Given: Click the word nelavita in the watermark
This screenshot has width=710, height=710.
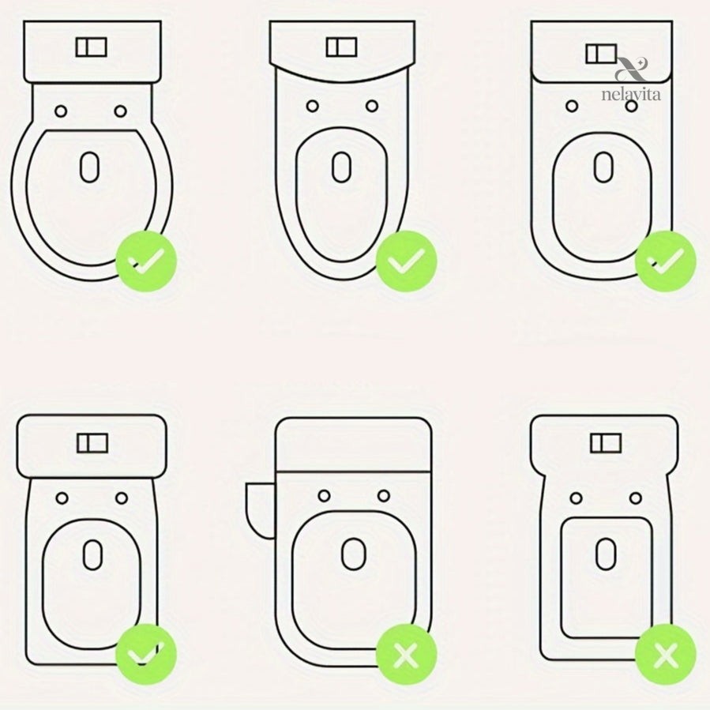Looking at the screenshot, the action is (x=631, y=94).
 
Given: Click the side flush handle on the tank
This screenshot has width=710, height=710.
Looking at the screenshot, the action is (x=260, y=510).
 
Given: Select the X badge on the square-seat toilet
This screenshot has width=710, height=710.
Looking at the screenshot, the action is (x=665, y=654).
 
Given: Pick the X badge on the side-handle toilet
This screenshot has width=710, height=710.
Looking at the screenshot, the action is (x=406, y=654).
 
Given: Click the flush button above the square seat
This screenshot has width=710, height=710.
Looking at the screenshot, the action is (x=606, y=443).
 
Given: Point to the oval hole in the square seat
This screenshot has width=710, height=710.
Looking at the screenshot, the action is (x=606, y=554).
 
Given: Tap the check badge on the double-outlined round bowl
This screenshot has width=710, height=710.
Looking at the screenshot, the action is (x=146, y=261).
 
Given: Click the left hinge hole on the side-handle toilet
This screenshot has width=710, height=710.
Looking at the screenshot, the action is (x=325, y=496).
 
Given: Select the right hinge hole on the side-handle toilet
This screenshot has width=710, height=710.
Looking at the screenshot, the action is (x=384, y=496).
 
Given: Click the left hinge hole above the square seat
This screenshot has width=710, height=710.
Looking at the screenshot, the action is (x=576, y=498).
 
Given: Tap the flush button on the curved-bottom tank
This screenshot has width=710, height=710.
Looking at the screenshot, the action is (x=341, y=47).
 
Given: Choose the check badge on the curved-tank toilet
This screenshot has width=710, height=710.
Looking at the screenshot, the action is (x=406, y=261).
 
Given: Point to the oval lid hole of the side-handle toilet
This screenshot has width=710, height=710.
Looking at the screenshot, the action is (x=354, y=554).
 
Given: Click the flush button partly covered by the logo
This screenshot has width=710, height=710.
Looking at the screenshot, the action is (x=601, y=54).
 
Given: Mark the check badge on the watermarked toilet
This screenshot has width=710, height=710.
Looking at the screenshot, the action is (x=665, y=261).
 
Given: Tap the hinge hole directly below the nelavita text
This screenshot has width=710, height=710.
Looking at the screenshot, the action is (x=631, y=107).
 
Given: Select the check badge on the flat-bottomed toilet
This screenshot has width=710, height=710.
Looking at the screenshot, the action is (x=146, y=654).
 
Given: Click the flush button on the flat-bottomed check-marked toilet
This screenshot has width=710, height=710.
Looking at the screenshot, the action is (x=92, y=443).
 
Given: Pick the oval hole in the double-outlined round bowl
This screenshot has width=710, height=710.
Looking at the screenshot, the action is (x=90, y=167).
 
